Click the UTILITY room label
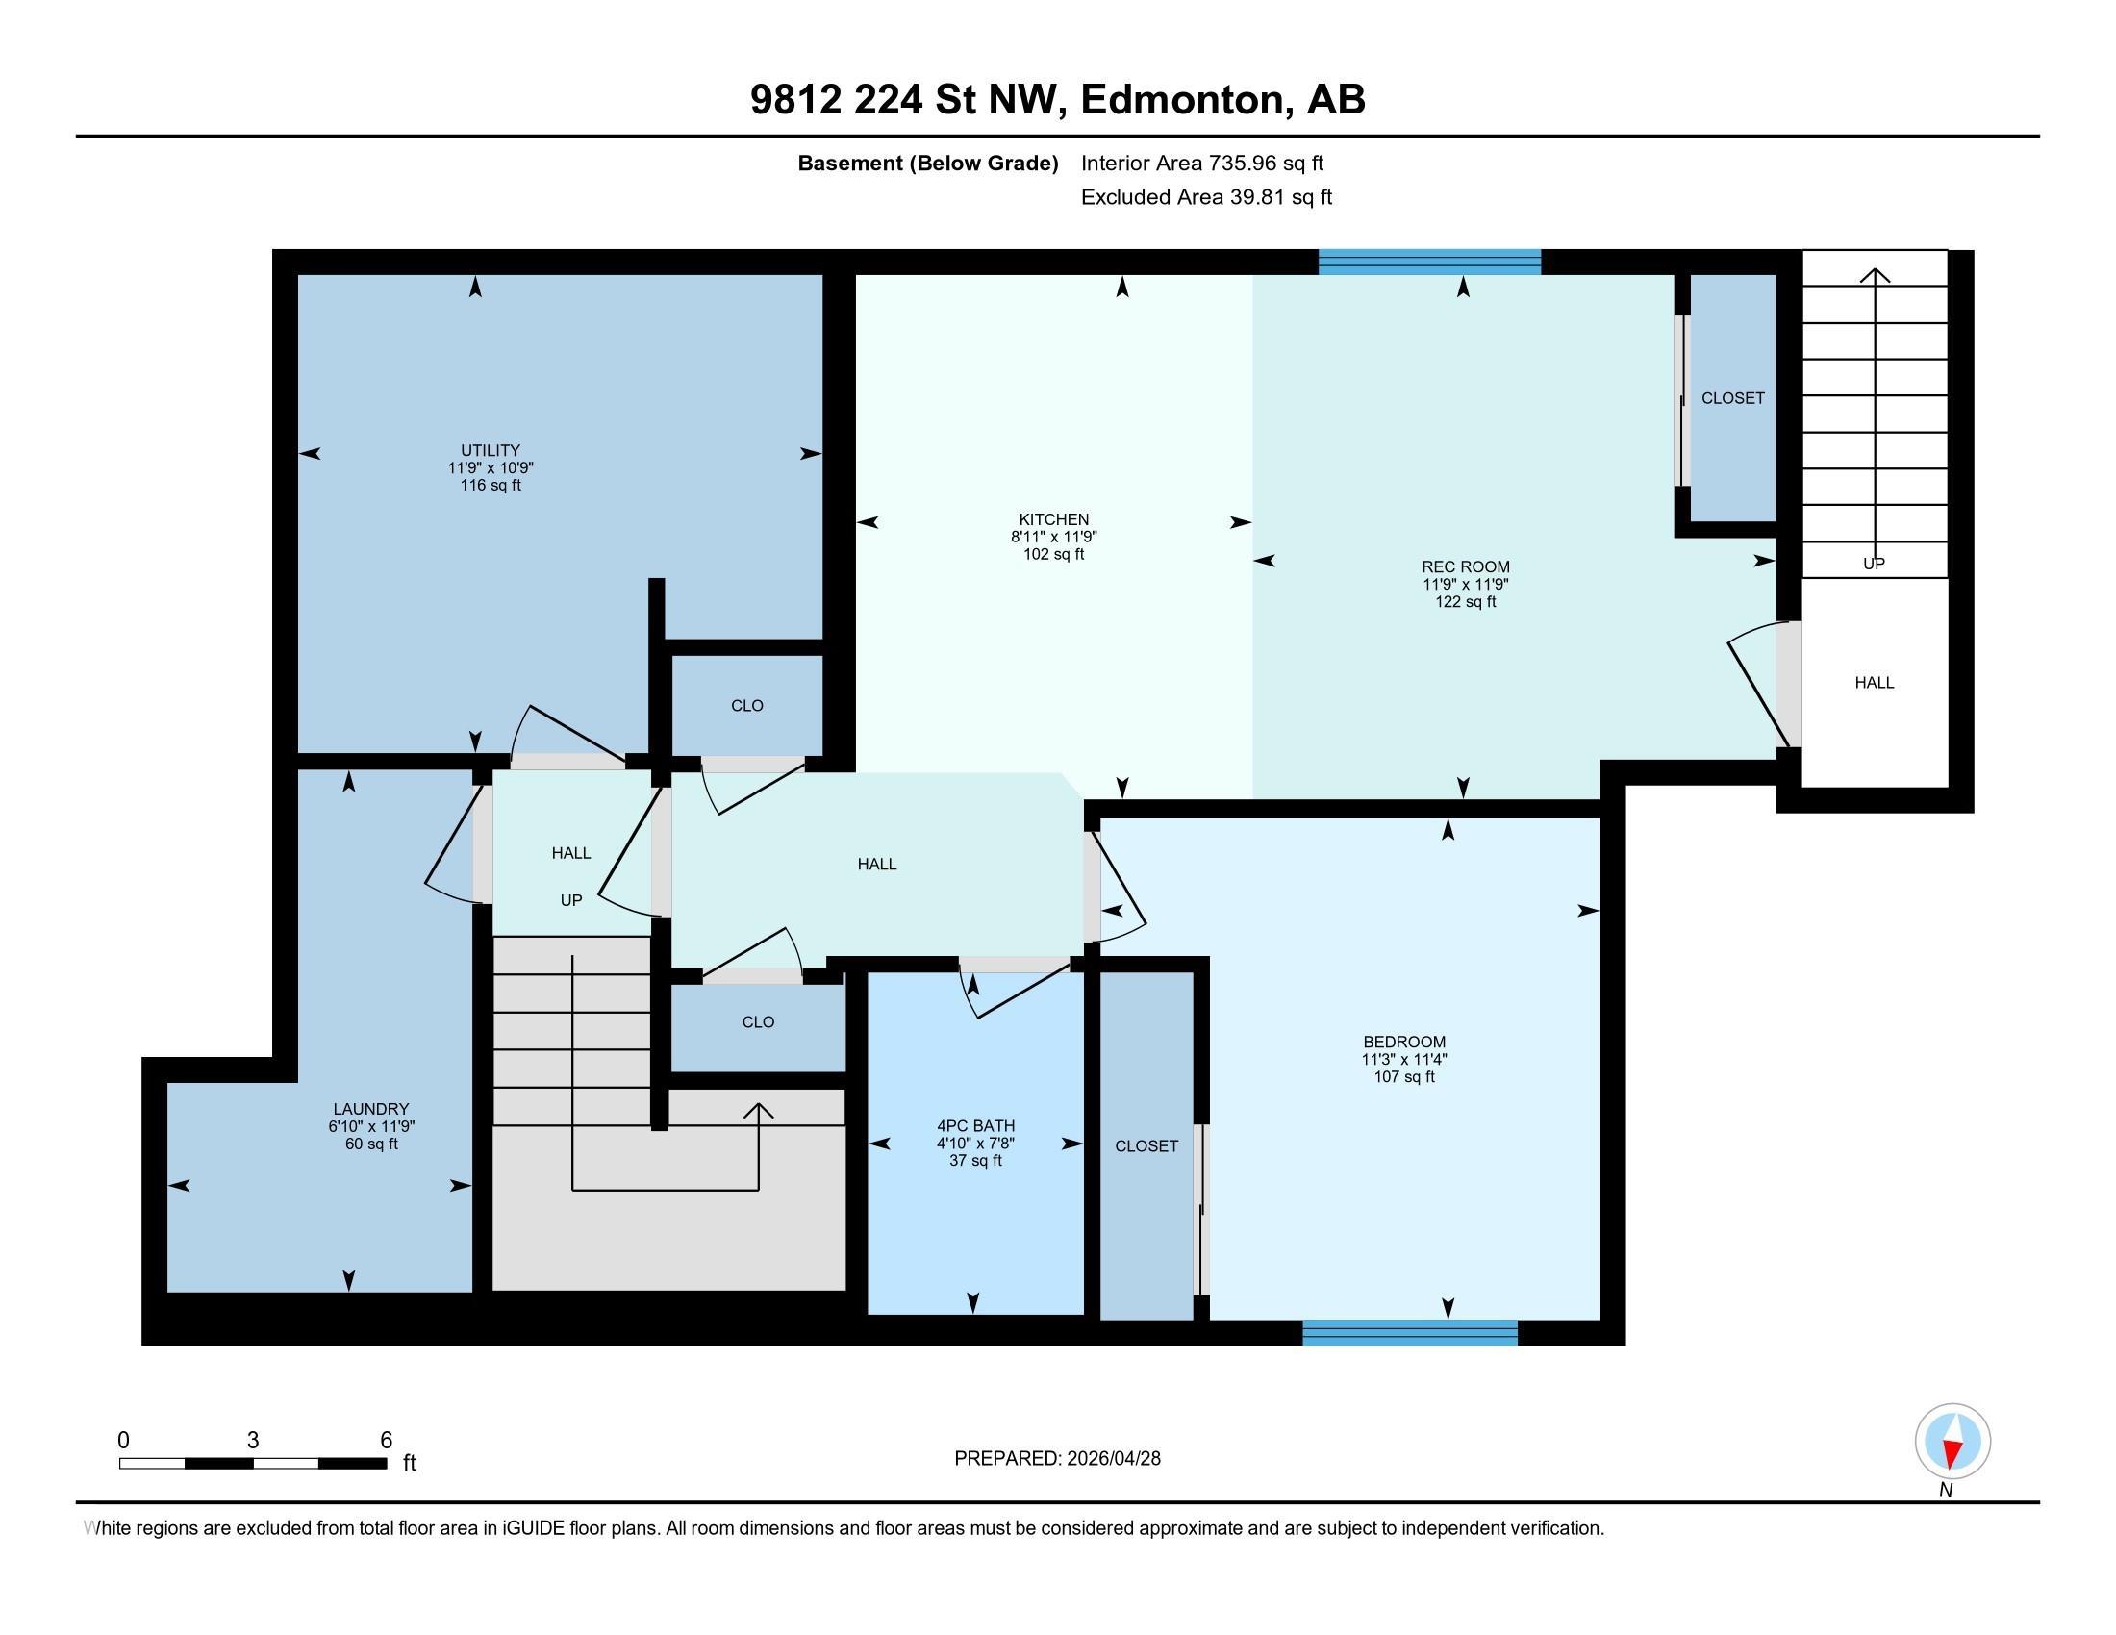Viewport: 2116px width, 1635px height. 491,450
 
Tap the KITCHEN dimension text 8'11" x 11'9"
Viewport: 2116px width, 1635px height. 1053,537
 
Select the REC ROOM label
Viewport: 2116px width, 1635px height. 1465,566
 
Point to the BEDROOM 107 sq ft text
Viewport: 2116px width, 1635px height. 1404,1076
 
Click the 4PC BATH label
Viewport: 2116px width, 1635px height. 975,1125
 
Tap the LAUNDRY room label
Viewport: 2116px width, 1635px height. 371,1109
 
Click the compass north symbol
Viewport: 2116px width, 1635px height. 1952,1442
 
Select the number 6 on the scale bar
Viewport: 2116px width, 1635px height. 386,1441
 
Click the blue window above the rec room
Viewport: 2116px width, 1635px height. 1429,262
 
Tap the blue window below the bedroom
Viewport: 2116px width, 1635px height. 1410,1333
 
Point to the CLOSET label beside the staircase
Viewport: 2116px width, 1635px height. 1732,398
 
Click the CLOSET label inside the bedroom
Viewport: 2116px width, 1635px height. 1146,1145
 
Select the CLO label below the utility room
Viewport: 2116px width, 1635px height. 747,706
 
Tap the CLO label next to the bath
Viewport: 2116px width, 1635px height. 758,1021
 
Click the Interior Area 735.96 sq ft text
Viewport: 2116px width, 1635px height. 1201,163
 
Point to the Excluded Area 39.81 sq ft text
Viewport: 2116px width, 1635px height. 1206,197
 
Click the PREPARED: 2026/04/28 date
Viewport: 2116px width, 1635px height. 1057,1459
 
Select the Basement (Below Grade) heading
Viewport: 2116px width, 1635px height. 927,163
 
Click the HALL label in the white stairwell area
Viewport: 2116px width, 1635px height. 1874,683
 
